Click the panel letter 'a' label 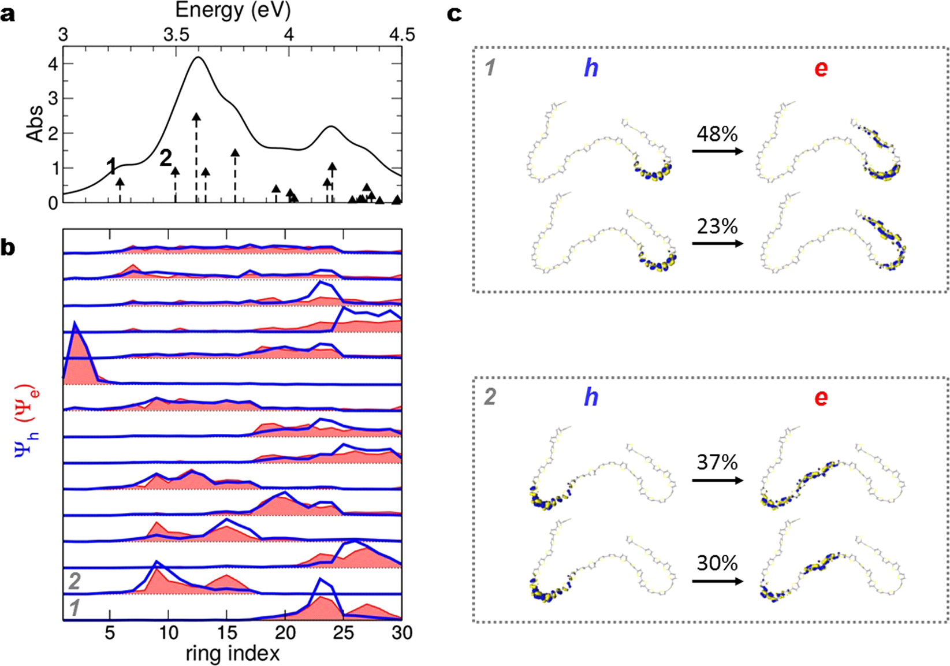click(8, 14)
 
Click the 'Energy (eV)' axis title click(233, 10)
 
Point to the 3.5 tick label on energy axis click(176, 35)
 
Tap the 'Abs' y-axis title click(35, 123)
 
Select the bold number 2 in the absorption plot click(166, 158)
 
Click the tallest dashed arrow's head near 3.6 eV click(196, 118)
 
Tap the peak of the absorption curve click(198, 57)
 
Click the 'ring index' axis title click(233, 653)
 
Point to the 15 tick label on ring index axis click(227, 634)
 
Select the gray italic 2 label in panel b click(74, 581)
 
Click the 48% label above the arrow click(717, 133)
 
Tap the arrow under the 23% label click(717, 243)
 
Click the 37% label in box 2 click(717, 462)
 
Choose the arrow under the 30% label click(717, 581)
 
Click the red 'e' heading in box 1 click(821, 68)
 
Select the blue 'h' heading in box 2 click(591, 397)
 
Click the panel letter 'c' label click(454, 14)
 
